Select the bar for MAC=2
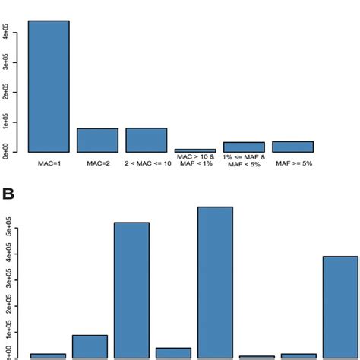pos(97,140)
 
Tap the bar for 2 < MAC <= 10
pos(146,140)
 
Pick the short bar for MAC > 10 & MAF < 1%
pos(195,150)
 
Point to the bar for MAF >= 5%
pos(293,147)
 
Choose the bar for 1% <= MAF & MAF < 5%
pos(244,147)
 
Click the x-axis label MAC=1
pos(49,162)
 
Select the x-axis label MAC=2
pos(97,162)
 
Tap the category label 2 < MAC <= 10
pos(146,162)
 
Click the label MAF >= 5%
pos(293,162)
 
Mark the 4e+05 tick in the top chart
pos(6,35)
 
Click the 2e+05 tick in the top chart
pos(6,93)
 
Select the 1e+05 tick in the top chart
pos(6,123)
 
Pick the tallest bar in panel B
pos(215,282)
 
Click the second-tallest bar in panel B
pos(131,289)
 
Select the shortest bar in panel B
pos(257,356)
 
